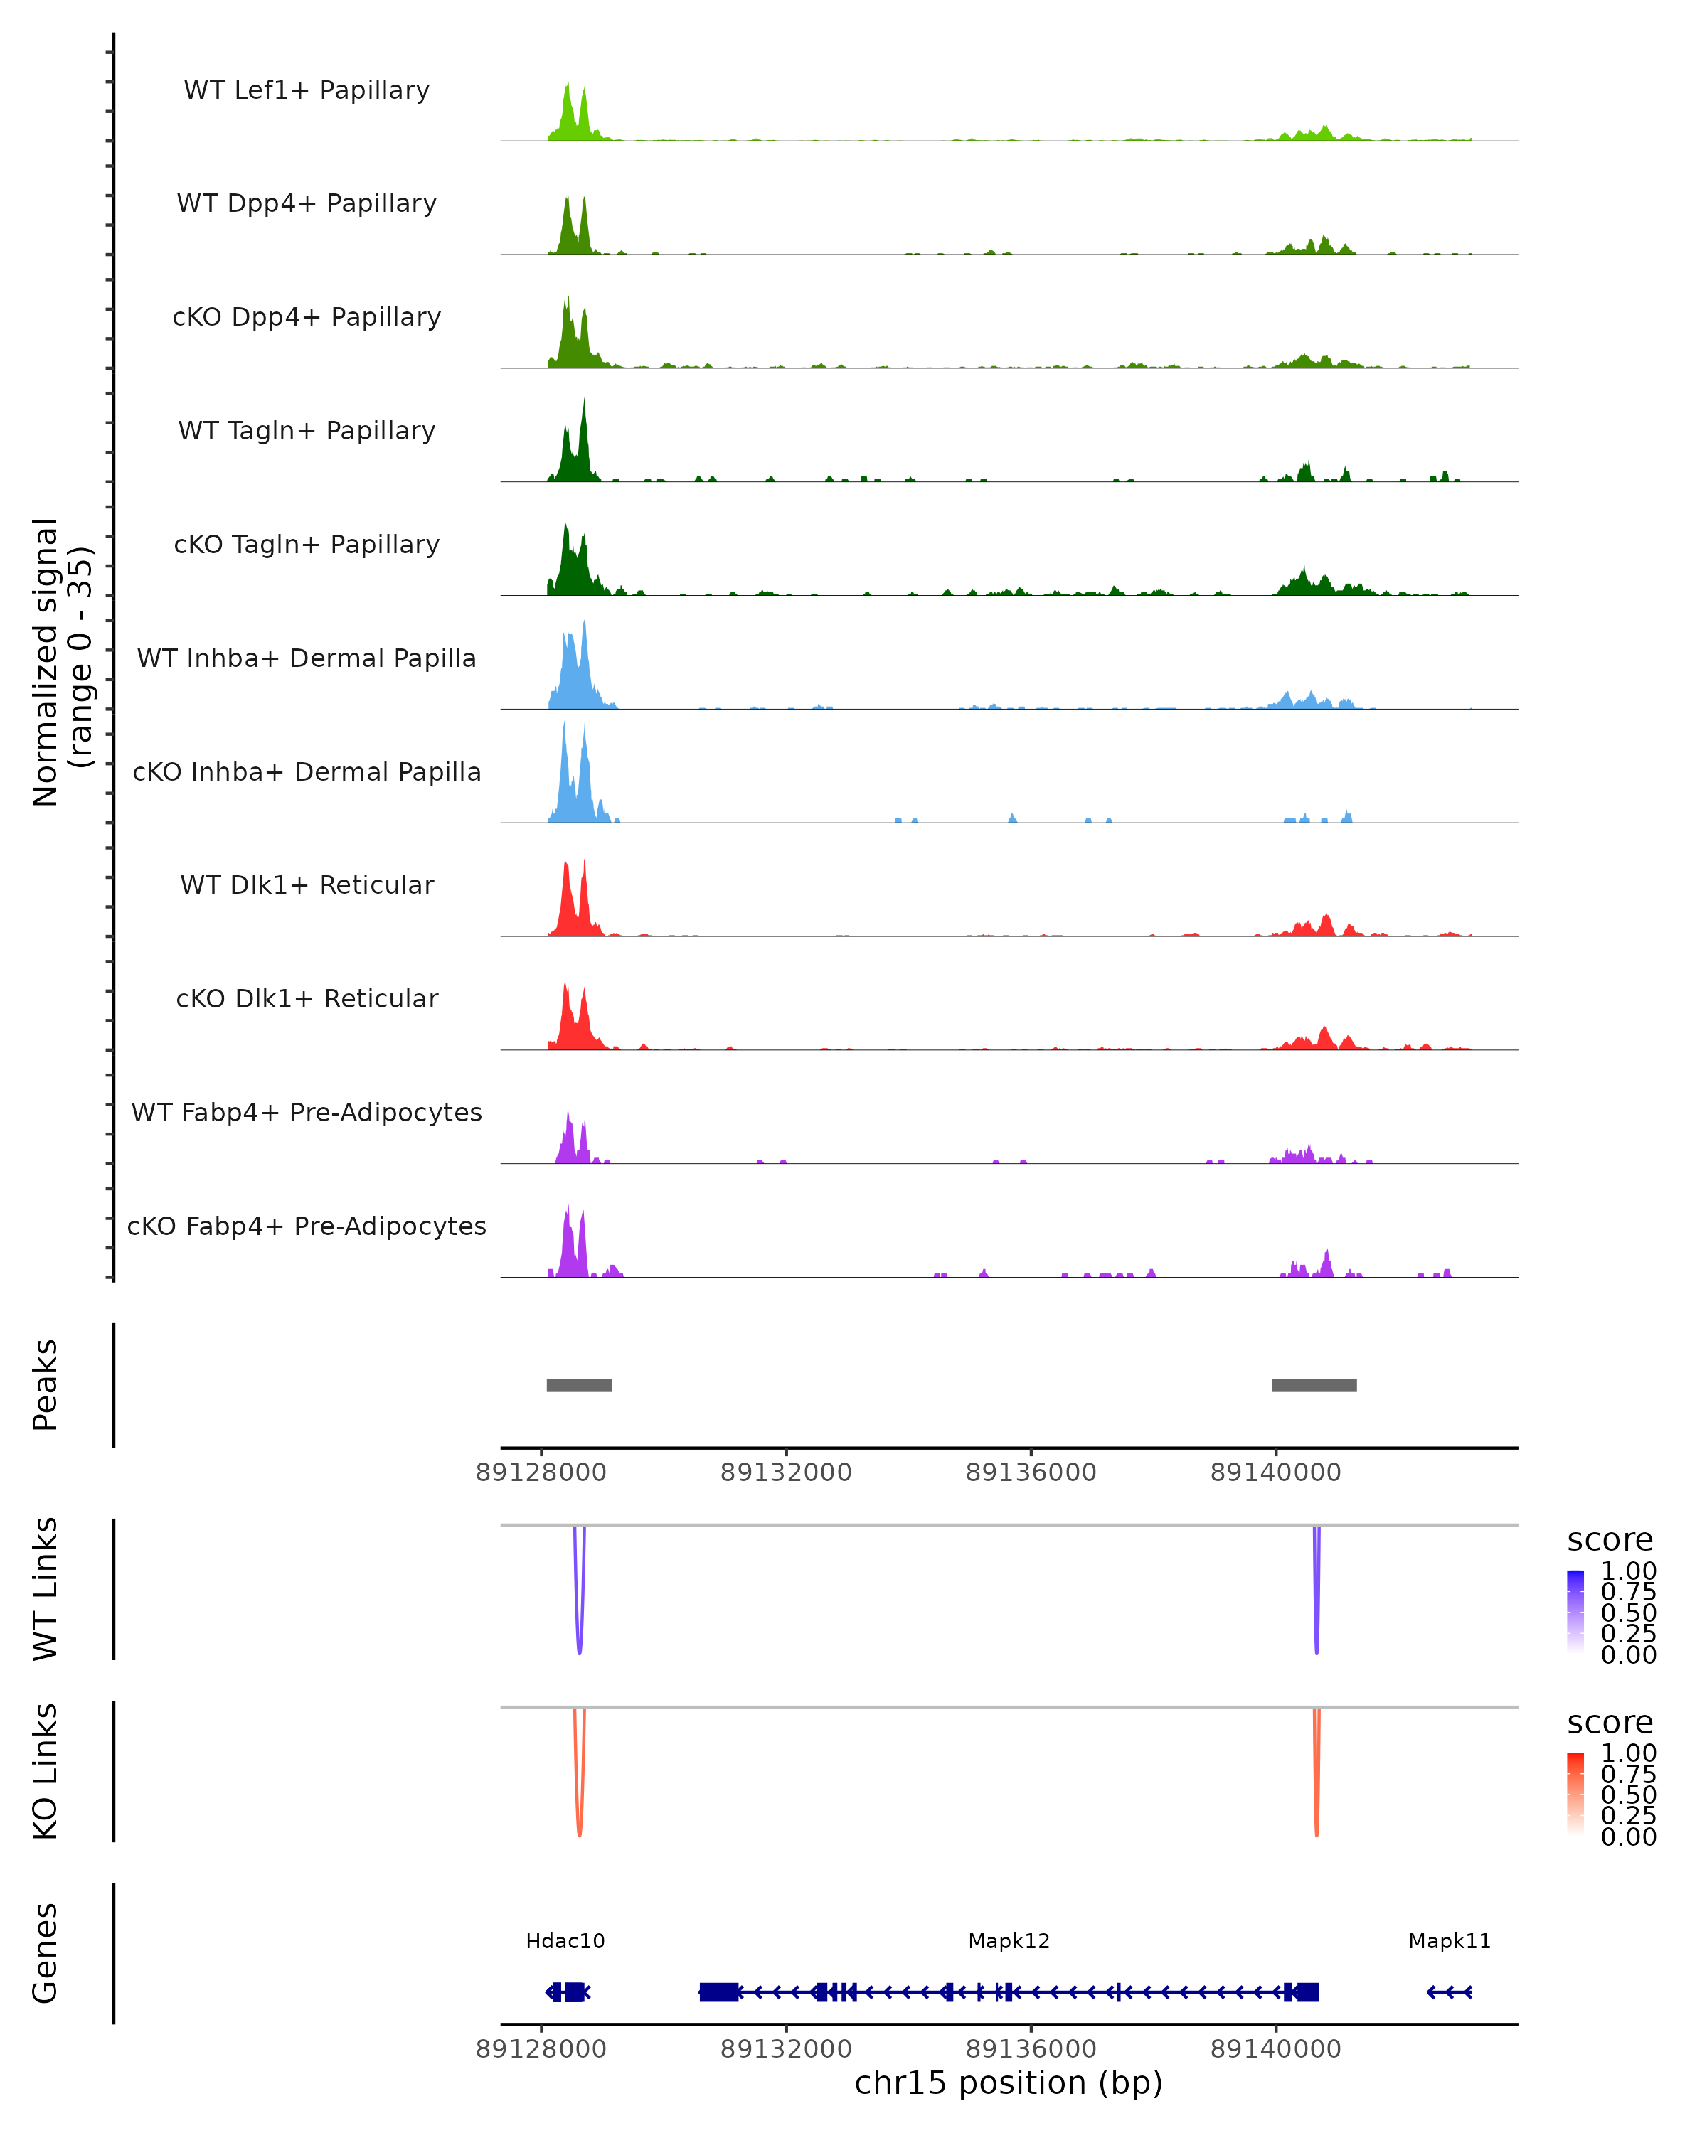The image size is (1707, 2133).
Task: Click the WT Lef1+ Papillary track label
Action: (x=307, y=90)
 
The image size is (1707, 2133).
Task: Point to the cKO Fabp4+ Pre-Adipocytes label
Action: (x=307, y=1226)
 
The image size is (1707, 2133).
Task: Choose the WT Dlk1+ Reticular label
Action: (x=307, y=884)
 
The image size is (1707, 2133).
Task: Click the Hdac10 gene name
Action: (x=565, y=1941)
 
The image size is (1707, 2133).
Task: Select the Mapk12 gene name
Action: (x=1009, y=1941)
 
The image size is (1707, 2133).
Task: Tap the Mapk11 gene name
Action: (x=1449, y=1941)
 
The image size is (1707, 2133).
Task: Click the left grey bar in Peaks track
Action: (x=579, y=1385)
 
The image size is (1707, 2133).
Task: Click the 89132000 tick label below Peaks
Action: (x=786, y=1472)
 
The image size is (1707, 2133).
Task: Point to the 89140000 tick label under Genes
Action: (x=1275, y=2049)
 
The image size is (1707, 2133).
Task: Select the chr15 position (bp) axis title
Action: (x=1009, y=2083)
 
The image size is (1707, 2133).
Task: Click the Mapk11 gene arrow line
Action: (x=1449, y=1992)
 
